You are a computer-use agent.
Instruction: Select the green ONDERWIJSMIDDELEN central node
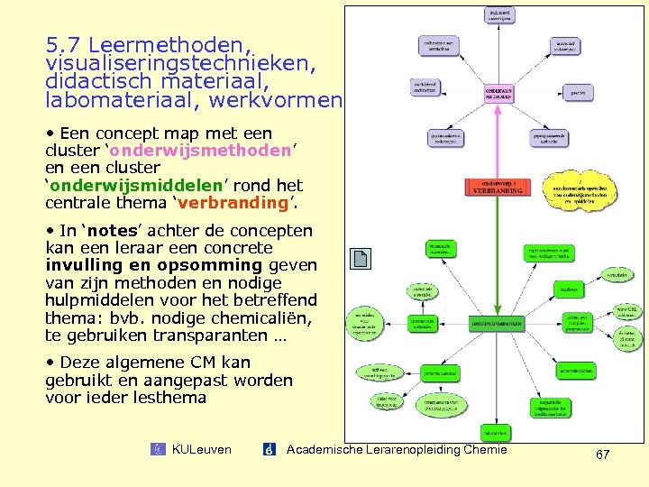coord(497,322)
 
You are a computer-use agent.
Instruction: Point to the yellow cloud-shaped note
coord(586,190)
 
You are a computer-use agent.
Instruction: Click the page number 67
coord(602,455)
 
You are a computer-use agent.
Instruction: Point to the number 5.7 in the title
coord(64,44)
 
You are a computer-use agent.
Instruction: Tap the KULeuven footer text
coord(201,449)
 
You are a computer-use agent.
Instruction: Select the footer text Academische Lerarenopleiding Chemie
coord(397,449)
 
